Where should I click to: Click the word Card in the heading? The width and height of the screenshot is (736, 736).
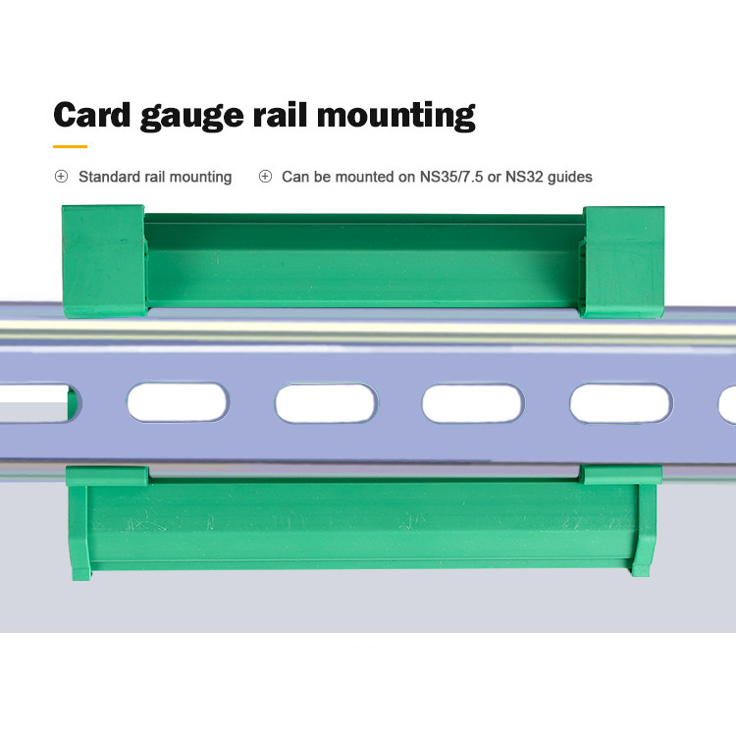[x=92, y=114]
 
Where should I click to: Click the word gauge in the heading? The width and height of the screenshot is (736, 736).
[x=192, y=118]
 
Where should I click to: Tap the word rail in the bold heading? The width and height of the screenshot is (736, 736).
[x=281, y=114]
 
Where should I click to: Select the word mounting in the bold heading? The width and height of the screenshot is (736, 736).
[x=396, y=117]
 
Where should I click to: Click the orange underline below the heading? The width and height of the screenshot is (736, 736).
[x=70, y=146]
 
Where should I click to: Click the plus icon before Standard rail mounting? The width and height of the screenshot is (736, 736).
[x=61, y=177]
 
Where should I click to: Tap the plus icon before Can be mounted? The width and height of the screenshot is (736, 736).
[x=265, y=177]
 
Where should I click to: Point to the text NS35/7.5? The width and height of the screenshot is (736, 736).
[x=451, y=177]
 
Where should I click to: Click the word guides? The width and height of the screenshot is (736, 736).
[x=570, y=178]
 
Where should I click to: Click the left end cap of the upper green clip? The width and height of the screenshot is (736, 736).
[x=103, y=261]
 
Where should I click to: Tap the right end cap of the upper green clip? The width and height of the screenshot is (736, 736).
[x=622, y=262]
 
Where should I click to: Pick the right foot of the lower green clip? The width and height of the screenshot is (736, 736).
[x=643, y=530]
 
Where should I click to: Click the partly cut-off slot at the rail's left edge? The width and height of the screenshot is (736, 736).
[x=40, y=403]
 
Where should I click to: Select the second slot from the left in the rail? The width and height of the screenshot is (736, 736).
[x=178, y=402]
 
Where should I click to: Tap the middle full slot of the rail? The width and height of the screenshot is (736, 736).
[x=326, y=403]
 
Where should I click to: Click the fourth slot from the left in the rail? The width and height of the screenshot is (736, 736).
[x=473, y=403]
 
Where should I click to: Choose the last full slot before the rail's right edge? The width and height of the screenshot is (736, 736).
[x=621, y=403]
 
